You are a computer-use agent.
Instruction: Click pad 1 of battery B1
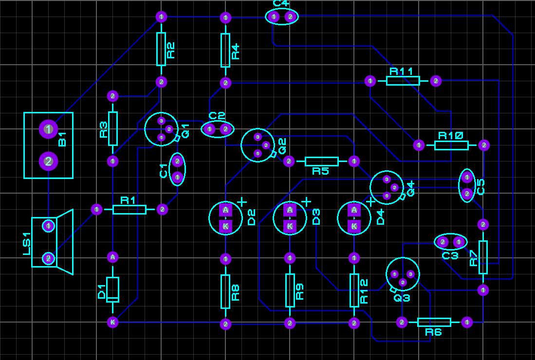tap(48, 129)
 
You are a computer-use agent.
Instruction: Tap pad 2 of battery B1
tap(48, 161)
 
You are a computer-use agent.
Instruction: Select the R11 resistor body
tap(403, 81)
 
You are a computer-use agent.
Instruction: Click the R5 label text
tap(320, 171)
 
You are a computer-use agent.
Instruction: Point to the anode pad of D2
tap(225, 210)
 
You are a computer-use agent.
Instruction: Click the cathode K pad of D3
tap(290, 226)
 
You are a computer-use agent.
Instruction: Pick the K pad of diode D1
tap(112, 322)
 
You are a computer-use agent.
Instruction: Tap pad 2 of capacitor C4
tap(290, 17)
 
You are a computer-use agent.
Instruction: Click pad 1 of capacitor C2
tap(209, 129)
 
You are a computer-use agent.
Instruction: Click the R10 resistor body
tap(451, 145)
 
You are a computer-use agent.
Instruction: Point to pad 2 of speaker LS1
tap(48, 258)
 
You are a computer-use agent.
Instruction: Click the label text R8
tap(235, 292)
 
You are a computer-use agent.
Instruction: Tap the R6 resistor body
tap(434, 322)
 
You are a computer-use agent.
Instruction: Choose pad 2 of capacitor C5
tap(467, 194)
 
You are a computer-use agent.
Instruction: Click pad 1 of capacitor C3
tap(458, 241)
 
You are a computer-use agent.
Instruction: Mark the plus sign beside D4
tap(371, 201)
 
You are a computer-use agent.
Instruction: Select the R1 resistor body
tap(129, 209)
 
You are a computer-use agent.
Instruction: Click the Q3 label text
tap(402, 298)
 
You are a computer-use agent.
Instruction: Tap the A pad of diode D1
tap(112, 256)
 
